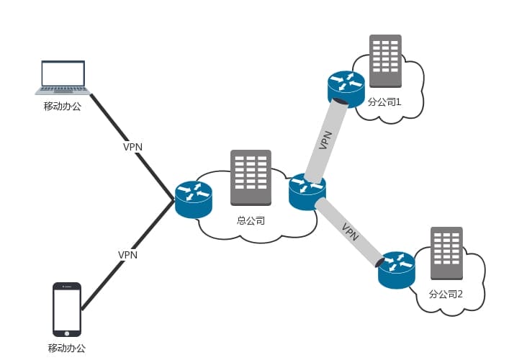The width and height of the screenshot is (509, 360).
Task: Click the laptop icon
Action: click(x=63, y=78)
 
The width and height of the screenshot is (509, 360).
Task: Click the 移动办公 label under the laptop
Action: click(x=63, y=107)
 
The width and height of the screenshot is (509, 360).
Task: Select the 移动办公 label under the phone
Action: click(x=67, y=348)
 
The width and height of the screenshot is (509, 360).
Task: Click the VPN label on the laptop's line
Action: click(x=132, y=147)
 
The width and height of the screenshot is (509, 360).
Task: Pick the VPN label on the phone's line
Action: click(x=127, y=255)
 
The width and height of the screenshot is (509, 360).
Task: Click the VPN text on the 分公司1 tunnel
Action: click(x=325, y=140)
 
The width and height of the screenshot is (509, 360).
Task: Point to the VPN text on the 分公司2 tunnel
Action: click(x=351, y=232)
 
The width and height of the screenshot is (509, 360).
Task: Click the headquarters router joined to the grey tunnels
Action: click(x=307, y=192)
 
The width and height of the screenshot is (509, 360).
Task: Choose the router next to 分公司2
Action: click(x=397, y=269)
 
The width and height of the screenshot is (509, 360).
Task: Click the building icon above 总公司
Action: click(x=251, y=179)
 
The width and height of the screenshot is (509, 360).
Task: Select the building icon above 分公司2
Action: click(x=446, y=253)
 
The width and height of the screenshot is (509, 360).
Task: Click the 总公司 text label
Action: click(x=251, y=220)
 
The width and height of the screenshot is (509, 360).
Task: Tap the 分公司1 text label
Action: click(x=384, y=102)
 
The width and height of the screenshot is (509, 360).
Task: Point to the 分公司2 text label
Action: click(x=446, y=294)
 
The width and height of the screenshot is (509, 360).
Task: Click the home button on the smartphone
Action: click(x=67, y=333)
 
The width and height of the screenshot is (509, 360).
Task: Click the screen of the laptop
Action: click(x=63, y=73)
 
